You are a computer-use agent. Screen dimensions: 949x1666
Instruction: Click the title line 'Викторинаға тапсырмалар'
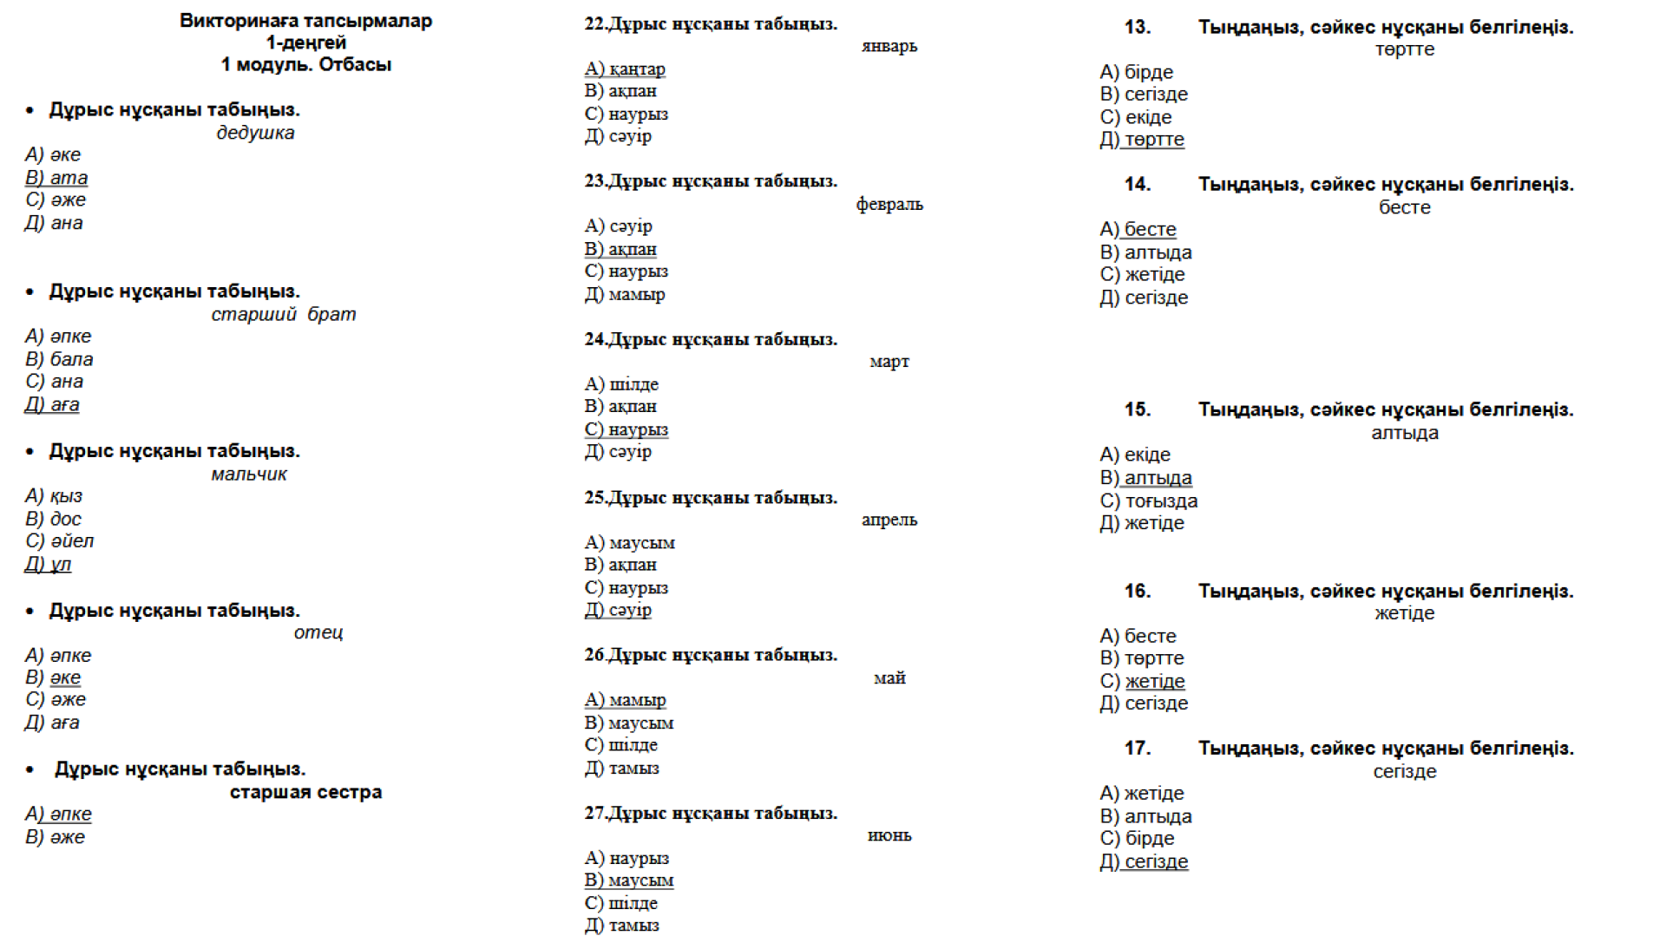(x=305, y=21)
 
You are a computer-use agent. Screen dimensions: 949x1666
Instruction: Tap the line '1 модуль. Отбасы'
(x=305, y=65)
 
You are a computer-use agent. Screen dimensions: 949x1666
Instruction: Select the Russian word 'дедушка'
(x=255, y=133)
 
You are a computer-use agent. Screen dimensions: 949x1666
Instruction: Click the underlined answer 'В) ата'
(x=56, y=178)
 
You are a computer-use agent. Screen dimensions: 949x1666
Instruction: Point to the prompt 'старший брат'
(x=283, y=314)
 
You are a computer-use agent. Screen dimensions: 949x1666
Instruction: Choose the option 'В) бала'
(x=59, y=359)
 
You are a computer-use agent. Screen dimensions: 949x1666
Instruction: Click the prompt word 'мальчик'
(x=248, y=474)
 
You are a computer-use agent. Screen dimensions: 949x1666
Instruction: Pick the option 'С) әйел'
(x=59, y=541)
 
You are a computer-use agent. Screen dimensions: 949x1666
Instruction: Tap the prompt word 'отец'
(x=318, y=632)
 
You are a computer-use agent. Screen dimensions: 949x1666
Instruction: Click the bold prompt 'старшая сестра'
(x=305, y=792)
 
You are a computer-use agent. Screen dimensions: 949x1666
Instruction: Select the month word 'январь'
(x=889, y=46)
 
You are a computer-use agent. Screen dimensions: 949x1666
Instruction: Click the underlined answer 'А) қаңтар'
(x=625, y=69)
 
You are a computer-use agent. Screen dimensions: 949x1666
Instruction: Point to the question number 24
(x=594, y=339)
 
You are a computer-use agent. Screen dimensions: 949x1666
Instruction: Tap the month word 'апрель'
(x=889, y=520)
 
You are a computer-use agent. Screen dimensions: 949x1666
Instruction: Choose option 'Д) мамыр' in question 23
(x=625, y=295)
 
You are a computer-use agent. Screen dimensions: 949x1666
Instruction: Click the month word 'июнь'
(x=889, y=835)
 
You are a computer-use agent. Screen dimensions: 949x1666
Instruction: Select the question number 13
(x=1137, y=27)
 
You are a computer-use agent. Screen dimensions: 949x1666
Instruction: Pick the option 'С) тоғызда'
(x=1148, y=501)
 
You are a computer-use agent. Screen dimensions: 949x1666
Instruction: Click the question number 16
(x=1137, y=591)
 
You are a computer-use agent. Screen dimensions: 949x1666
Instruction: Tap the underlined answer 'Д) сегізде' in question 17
(x=1144, y=862)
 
